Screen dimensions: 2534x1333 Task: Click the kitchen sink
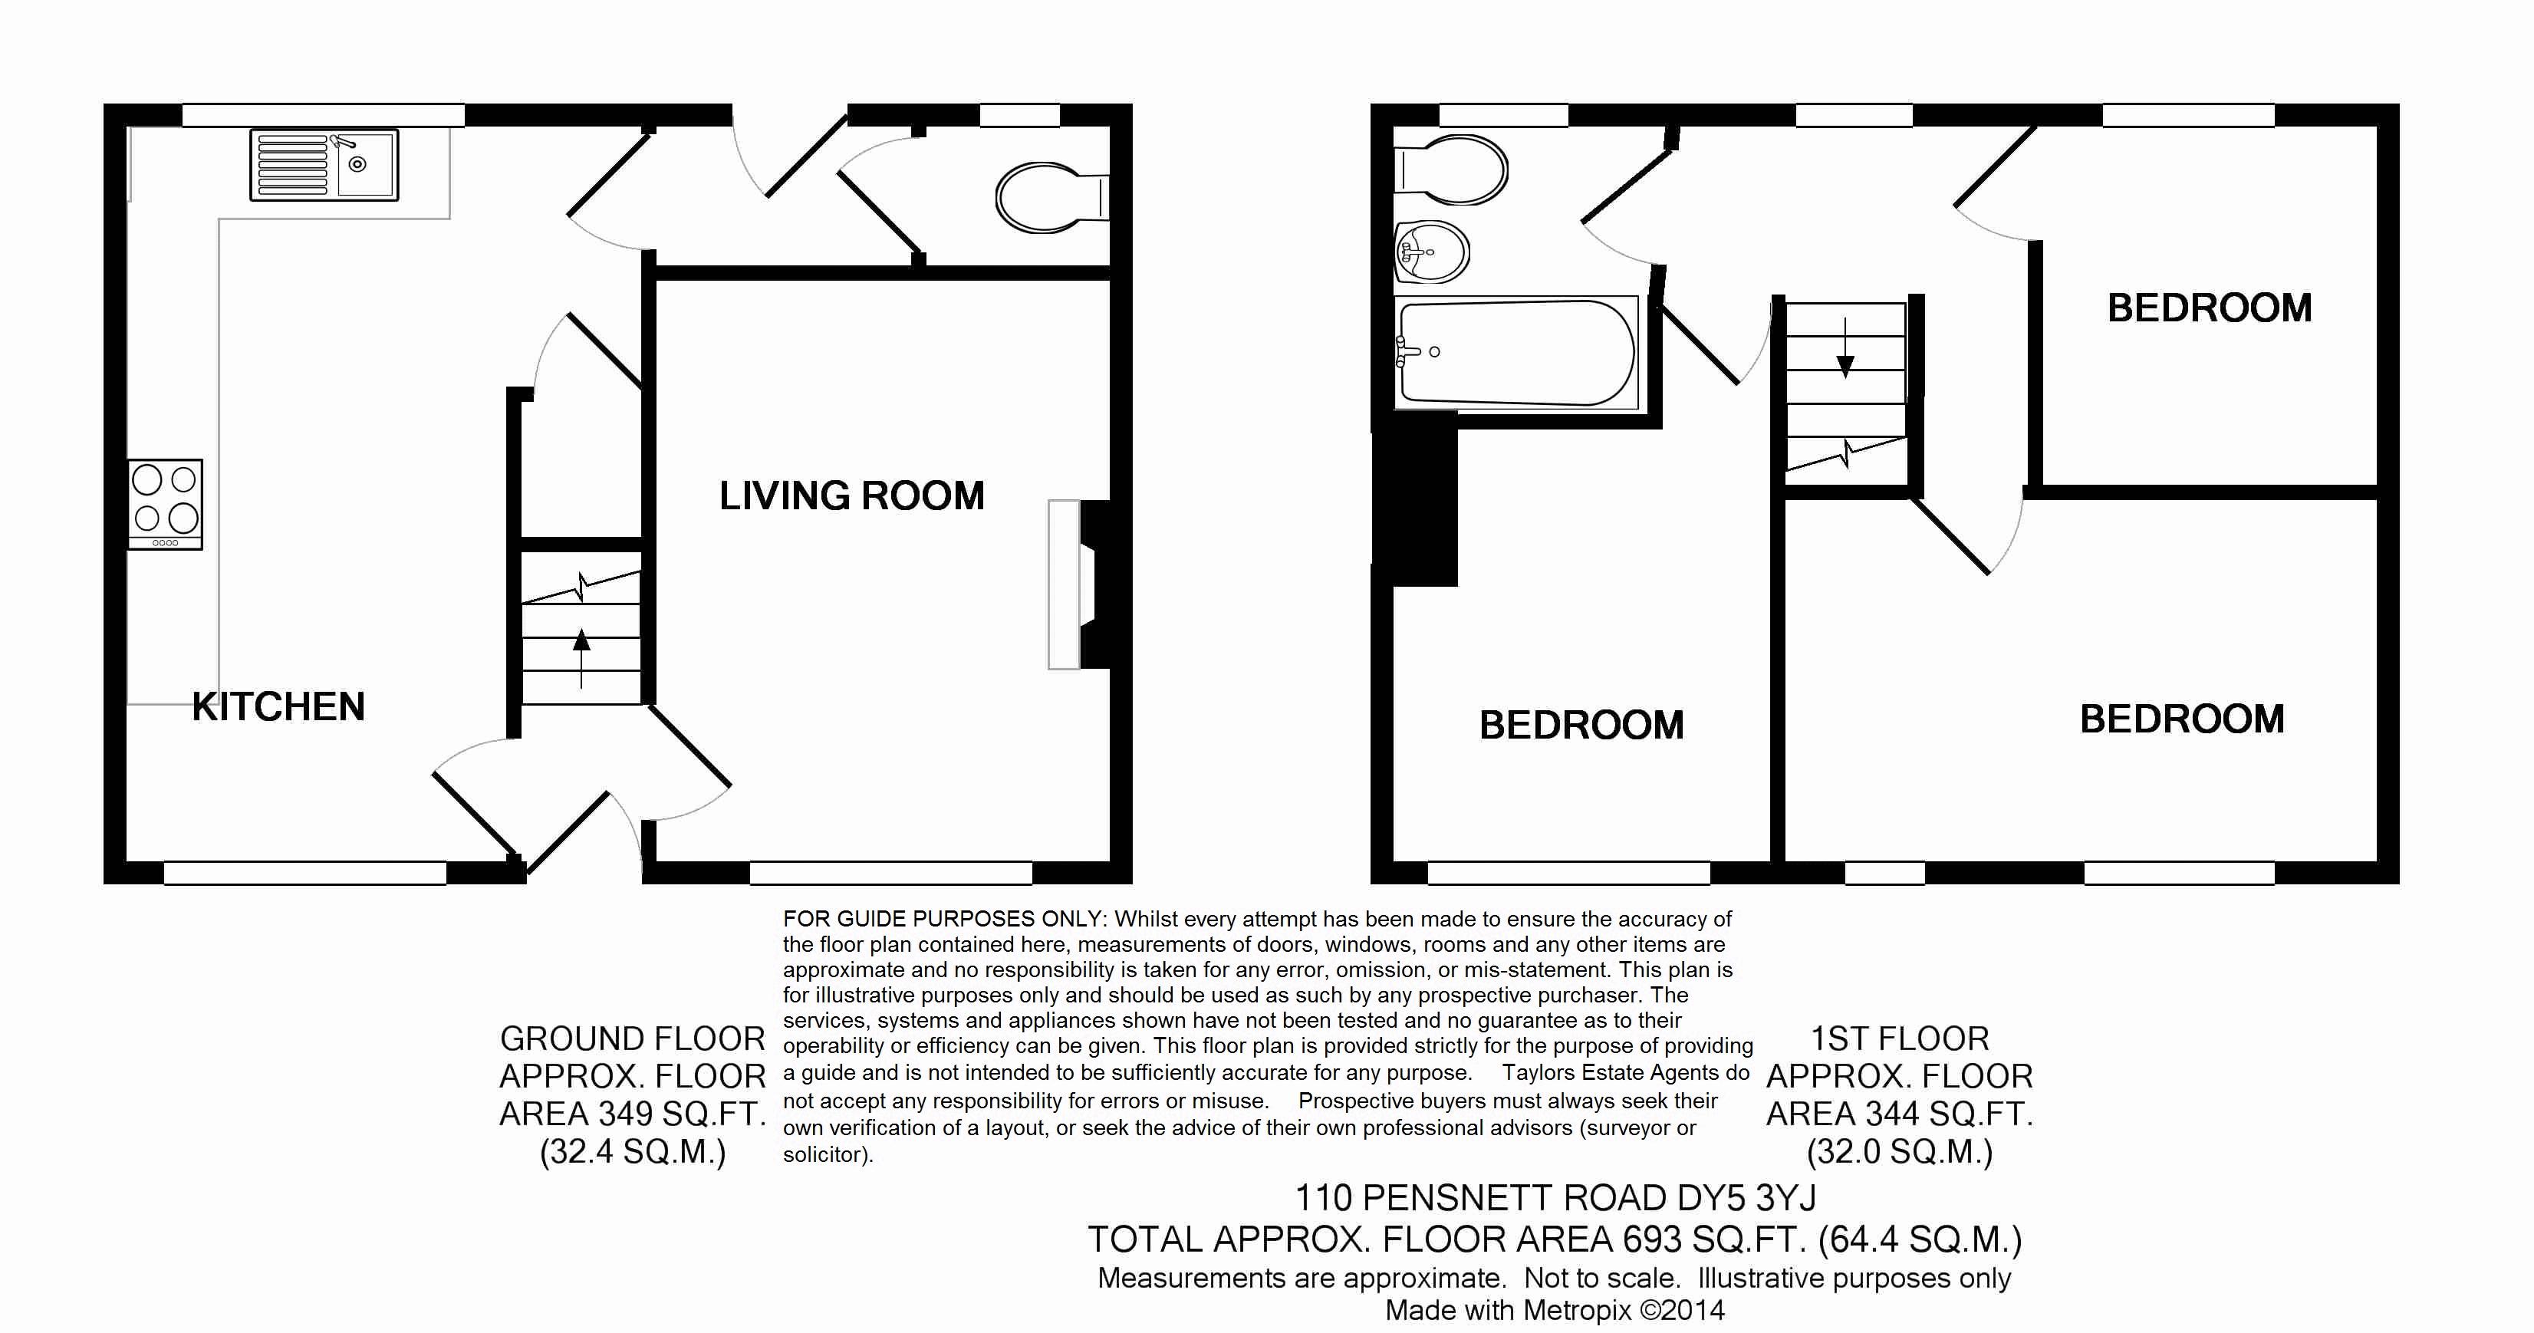(x=324, y=164)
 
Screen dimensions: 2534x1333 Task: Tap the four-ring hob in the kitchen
(x=165, y=504)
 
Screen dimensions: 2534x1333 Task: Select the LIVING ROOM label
(x=852, y=495)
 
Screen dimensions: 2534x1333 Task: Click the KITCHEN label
(x=278, y=706)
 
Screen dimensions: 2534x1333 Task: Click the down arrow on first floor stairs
(x=1845, y=348)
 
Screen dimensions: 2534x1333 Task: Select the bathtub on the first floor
(x=1515, y=353)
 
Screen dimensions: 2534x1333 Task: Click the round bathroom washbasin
(x=1432, y=252)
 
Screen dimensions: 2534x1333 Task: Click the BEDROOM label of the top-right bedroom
(x=2210, y=308)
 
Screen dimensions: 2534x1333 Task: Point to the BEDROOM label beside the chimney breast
(x=1581, y=725)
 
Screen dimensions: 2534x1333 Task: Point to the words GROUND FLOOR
(x=633, y=1038)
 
